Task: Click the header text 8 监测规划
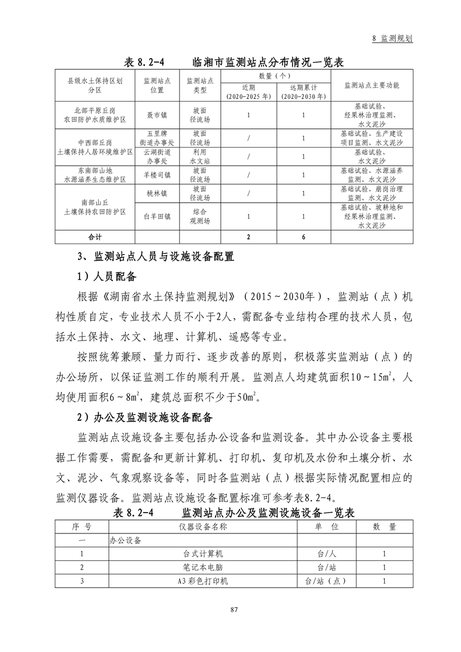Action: pyautogui.click(x=392, y=38)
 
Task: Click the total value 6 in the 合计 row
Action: pyautogui.click(x=303, y=237)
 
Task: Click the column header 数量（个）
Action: pyautogui.click(x=275, y=76)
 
